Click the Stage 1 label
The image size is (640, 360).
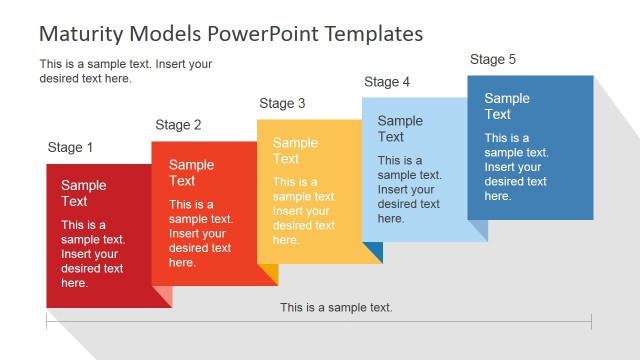70,148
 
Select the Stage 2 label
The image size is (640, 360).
178,125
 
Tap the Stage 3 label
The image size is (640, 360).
282,103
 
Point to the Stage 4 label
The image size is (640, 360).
387,82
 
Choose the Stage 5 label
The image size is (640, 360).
493,60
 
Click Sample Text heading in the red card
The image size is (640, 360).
83,193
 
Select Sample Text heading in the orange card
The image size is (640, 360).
191,173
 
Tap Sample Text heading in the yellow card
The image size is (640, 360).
295,151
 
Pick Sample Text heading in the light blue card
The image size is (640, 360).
400,129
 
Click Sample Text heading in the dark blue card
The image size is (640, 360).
507,106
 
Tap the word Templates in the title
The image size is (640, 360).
374,33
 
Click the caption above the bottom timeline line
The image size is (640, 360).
336,307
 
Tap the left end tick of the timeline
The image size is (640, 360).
47,321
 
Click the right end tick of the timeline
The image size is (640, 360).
591,321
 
